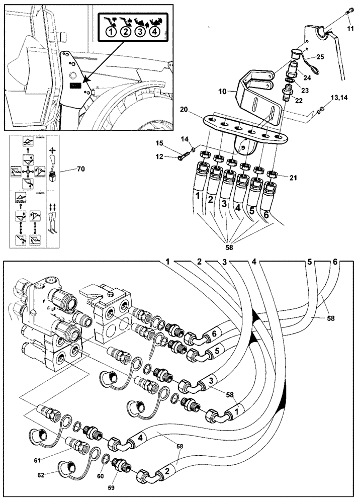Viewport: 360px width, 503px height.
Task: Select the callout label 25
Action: coord(320,56)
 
